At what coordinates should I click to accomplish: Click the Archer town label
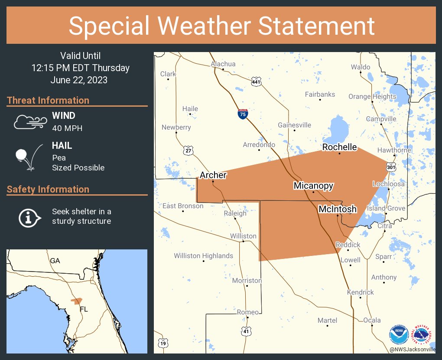click(x=213, y=175)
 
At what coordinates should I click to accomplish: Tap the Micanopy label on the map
click(x=313, y=186)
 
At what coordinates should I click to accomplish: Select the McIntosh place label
click(x=338, y=209)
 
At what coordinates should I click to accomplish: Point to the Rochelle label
click(x=339, y=147)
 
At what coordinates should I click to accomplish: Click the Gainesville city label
click(x=294, y=125)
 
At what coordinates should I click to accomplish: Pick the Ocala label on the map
click(x=372, y=320)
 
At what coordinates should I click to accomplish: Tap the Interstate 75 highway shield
click(x=243, y=115)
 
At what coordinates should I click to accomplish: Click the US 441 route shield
click(x=256, y=81)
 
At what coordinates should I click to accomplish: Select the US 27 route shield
click(x=188, y=151)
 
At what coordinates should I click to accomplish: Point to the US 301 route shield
click(x=391, y=166)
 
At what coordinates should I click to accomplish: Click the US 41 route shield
click(x=246, y=331)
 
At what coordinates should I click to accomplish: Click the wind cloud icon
click(x=29, y=122)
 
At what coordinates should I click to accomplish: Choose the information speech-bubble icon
click(x=29, y=217)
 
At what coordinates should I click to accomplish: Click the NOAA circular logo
click(x=398, y=334)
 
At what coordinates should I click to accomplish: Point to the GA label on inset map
click(x=55, y=261)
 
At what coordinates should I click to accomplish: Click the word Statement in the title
click(x=316, y=26)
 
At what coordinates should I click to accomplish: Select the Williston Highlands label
click(x=203, y=256)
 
